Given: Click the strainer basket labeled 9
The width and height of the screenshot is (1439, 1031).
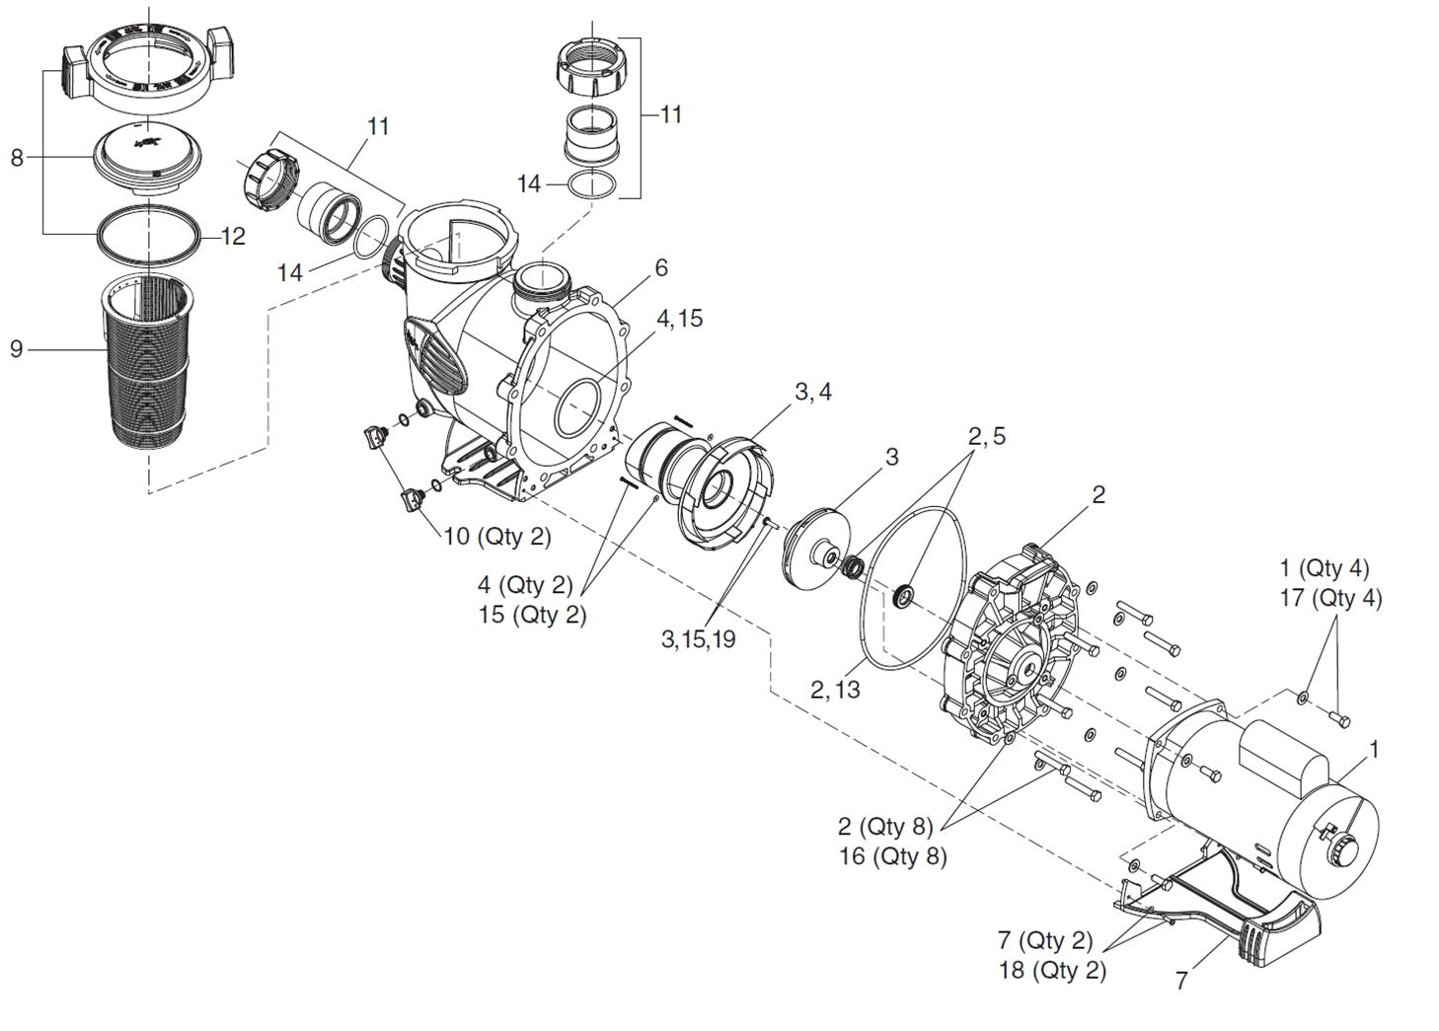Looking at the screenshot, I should point(151,360).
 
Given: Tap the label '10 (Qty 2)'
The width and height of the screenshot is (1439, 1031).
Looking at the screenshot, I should point(496,537).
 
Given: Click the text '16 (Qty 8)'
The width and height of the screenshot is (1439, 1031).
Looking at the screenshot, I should point(892,855).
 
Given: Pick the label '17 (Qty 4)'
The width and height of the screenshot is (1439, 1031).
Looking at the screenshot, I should point(1330,598).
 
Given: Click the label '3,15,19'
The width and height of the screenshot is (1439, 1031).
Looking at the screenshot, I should point(698,639).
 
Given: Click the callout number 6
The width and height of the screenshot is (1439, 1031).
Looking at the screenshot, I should point(660,267).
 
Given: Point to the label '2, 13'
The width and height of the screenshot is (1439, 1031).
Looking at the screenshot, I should point(834,690).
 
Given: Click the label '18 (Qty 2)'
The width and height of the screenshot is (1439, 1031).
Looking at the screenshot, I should point(1052,970).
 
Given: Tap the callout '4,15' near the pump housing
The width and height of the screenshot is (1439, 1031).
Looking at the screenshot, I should point(679,319).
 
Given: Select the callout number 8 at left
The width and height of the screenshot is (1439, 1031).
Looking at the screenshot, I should point(17,157).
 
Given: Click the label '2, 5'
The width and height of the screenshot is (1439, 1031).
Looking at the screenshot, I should point(986,436).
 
